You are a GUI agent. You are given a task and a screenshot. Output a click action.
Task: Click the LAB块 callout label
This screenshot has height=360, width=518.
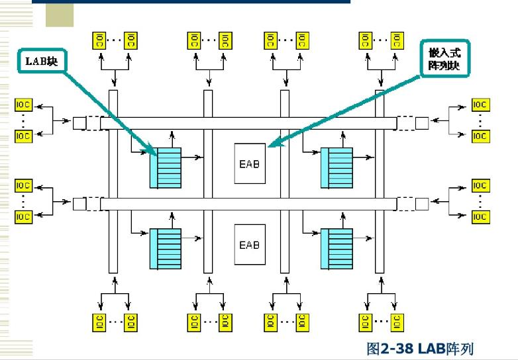41,62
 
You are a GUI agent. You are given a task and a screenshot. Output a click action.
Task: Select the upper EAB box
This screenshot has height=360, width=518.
249,163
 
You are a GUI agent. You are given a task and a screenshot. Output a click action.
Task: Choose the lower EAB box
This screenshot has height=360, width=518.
249,245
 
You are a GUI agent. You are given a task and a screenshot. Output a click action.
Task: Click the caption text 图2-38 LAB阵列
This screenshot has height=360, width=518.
420,347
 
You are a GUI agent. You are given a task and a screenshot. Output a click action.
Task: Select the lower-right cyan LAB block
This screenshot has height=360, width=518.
337,249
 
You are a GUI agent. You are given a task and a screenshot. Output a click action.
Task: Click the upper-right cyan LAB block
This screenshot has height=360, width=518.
337,168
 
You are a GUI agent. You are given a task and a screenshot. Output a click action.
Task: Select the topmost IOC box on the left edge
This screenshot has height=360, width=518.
23,105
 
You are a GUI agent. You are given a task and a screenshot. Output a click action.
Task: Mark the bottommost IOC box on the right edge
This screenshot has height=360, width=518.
480,217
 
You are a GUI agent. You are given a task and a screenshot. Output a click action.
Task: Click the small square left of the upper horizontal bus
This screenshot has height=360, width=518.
79,123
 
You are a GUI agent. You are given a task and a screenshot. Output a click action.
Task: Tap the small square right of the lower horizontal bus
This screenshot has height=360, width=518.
422,204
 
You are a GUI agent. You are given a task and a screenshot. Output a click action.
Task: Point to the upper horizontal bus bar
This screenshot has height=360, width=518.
252,123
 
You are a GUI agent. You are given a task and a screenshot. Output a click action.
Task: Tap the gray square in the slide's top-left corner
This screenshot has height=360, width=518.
60,15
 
